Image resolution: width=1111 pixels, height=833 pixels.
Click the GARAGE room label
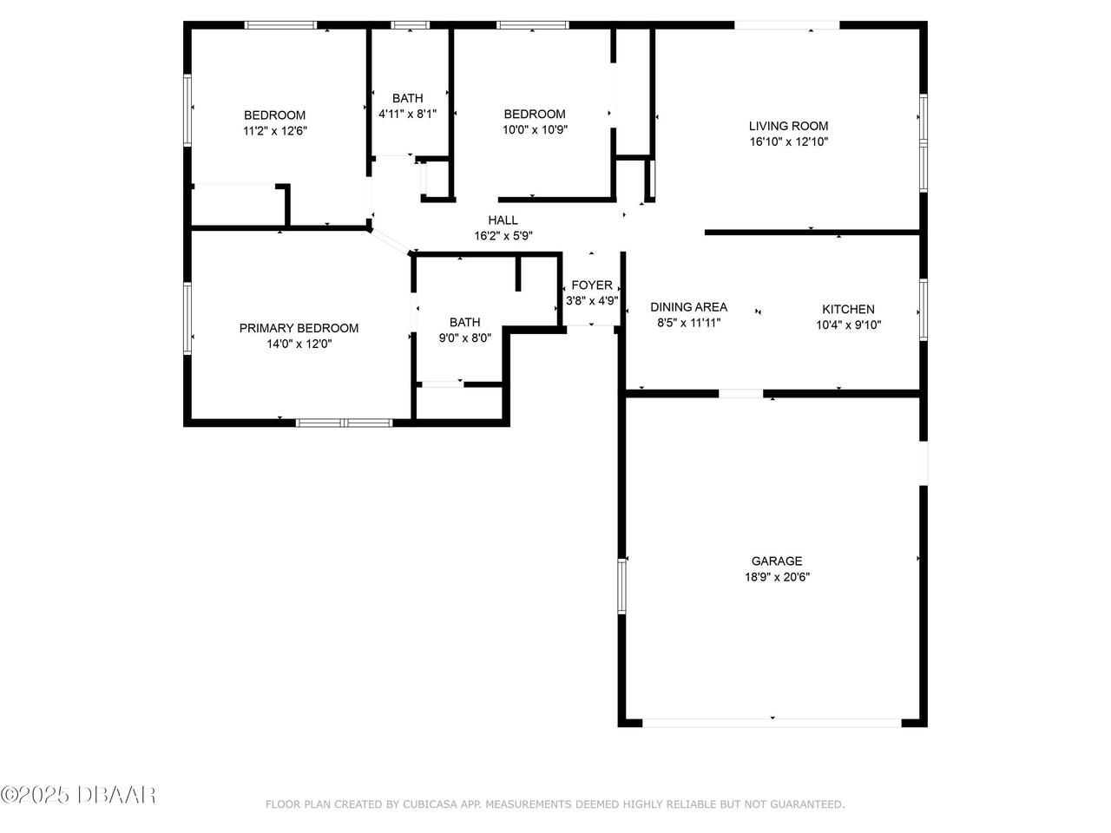(x=776, y=561)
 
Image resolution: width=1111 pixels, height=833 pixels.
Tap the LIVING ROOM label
(x=788, y=126)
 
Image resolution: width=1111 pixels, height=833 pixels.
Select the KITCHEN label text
(x=848, y=309)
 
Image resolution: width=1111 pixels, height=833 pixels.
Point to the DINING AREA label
(x=689, y=307)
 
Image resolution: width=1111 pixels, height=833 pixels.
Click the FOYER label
(x=592, y=285)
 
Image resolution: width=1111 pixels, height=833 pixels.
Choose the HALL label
(x=503, y=220)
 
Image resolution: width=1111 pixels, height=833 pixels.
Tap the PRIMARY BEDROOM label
(x=299, y=328)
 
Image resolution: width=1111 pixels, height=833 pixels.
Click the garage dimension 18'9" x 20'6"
(x=776, y=576)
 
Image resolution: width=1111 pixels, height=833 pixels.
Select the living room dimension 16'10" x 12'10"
(x=788, y=141)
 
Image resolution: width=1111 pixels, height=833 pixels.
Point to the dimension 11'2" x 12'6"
(x=274, y=131)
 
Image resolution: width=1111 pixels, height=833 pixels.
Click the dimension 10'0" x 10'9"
(x=535, y=129)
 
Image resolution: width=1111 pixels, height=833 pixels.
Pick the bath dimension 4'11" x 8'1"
(x=407, y=114)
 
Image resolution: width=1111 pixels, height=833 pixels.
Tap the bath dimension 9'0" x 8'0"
(x=464, y=338)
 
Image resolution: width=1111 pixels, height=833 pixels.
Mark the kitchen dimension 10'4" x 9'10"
(x=848, y=325)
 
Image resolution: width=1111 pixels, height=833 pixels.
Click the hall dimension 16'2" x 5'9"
(x=503, y=236)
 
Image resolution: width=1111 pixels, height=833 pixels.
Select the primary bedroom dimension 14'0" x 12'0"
(x=299, y=344)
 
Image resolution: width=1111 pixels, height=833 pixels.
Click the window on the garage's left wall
(x=621, y=587)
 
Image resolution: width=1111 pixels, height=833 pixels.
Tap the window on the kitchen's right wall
(x=924, y=310)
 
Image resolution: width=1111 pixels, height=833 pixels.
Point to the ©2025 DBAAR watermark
(x=78, y=794)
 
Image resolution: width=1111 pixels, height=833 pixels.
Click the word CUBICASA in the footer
(x=429, y=804)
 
